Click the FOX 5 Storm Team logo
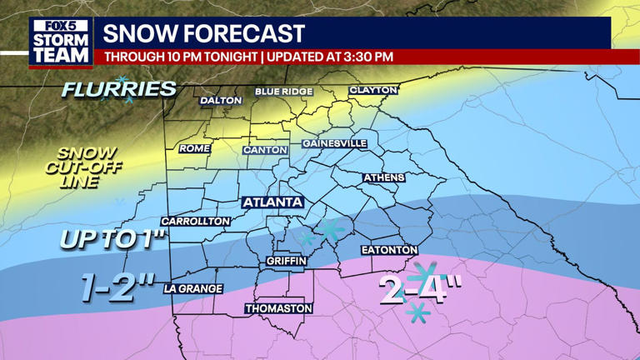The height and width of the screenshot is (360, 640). click(x=61, y=42)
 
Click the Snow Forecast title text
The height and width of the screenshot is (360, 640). click(x=203, y=34)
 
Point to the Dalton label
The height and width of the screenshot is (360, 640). click(x=221, y=101)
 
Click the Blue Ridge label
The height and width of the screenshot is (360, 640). click(x=284, y=91)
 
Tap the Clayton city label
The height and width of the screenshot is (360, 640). click(x=373, y=90)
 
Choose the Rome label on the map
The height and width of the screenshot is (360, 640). click(x=194, y=148)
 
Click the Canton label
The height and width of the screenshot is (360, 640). click(x=265, y=150)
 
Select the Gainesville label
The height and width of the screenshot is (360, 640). click(x=334, y=143)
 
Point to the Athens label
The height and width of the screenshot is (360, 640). click(x=383, y=177)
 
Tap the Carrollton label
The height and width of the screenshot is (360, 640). click(x=195, y=221)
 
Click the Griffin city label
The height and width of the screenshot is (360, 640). click(x=287, y=261)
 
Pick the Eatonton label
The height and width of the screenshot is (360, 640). click(x=388, y=250)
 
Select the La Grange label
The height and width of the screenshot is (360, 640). click(x=193, y=288)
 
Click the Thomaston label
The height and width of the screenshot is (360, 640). click(x=278, y=308)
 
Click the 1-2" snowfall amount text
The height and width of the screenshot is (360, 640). click(x=118, y=287)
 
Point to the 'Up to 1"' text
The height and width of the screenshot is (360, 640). click(x=113, y=239)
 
